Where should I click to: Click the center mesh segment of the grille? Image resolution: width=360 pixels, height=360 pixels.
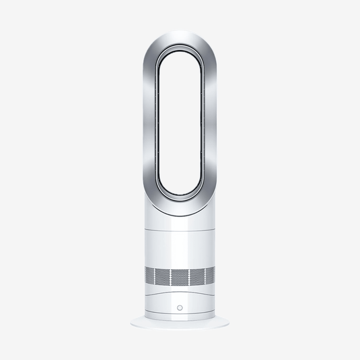coord(180,277)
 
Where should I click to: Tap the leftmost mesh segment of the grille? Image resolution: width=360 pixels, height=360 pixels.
coord(150,277)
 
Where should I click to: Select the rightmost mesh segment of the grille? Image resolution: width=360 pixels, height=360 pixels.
coord(210,277)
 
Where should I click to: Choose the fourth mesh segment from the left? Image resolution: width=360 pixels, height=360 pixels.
coord(196,277)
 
